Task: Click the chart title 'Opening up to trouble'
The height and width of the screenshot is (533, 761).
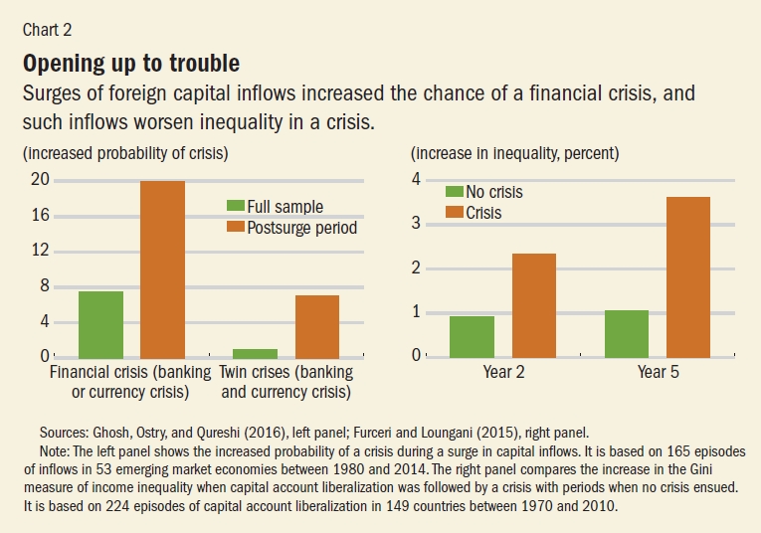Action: point(130,64)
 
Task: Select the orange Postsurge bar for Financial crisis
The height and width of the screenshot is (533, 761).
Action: point(162,268)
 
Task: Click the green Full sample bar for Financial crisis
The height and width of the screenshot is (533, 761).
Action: point(100,324)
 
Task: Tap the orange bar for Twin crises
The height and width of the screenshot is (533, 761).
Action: point(318,326)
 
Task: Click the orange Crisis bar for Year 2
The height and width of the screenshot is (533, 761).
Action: point(533,305)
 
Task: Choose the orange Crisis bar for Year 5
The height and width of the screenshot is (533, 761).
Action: point(687,276)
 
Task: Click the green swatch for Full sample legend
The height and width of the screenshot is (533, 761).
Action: point(237,207)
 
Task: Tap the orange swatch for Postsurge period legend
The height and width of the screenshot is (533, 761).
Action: point(237,228)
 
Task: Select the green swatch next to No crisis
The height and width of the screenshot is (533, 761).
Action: point(455,192)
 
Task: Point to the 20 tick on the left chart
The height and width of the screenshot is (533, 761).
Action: point(39,180)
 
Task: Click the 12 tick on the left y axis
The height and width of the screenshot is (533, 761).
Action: point(39,251)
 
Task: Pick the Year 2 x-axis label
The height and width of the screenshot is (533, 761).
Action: point(503,371)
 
